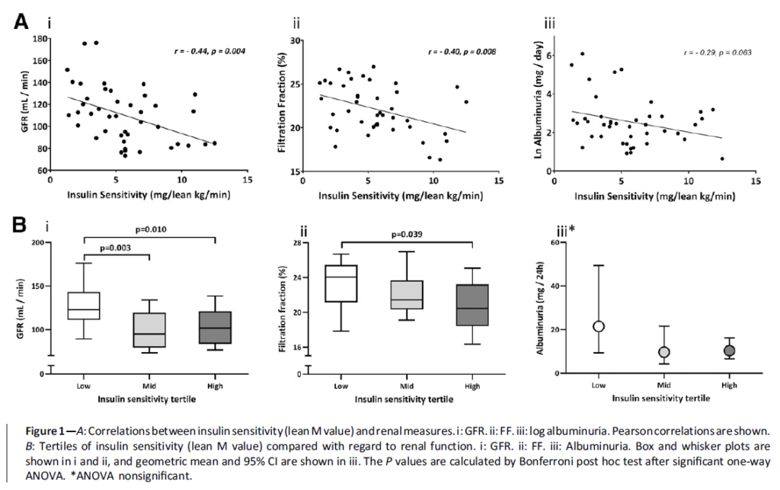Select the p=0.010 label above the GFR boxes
(x=149, y=228)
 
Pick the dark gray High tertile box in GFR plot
(x=216, y=328)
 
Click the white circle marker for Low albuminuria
(x=599, y=326)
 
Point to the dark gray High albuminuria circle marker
(x=730, y=351)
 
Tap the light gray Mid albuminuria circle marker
(x=664, y=352)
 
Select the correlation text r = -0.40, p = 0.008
(x=462, y=52)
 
